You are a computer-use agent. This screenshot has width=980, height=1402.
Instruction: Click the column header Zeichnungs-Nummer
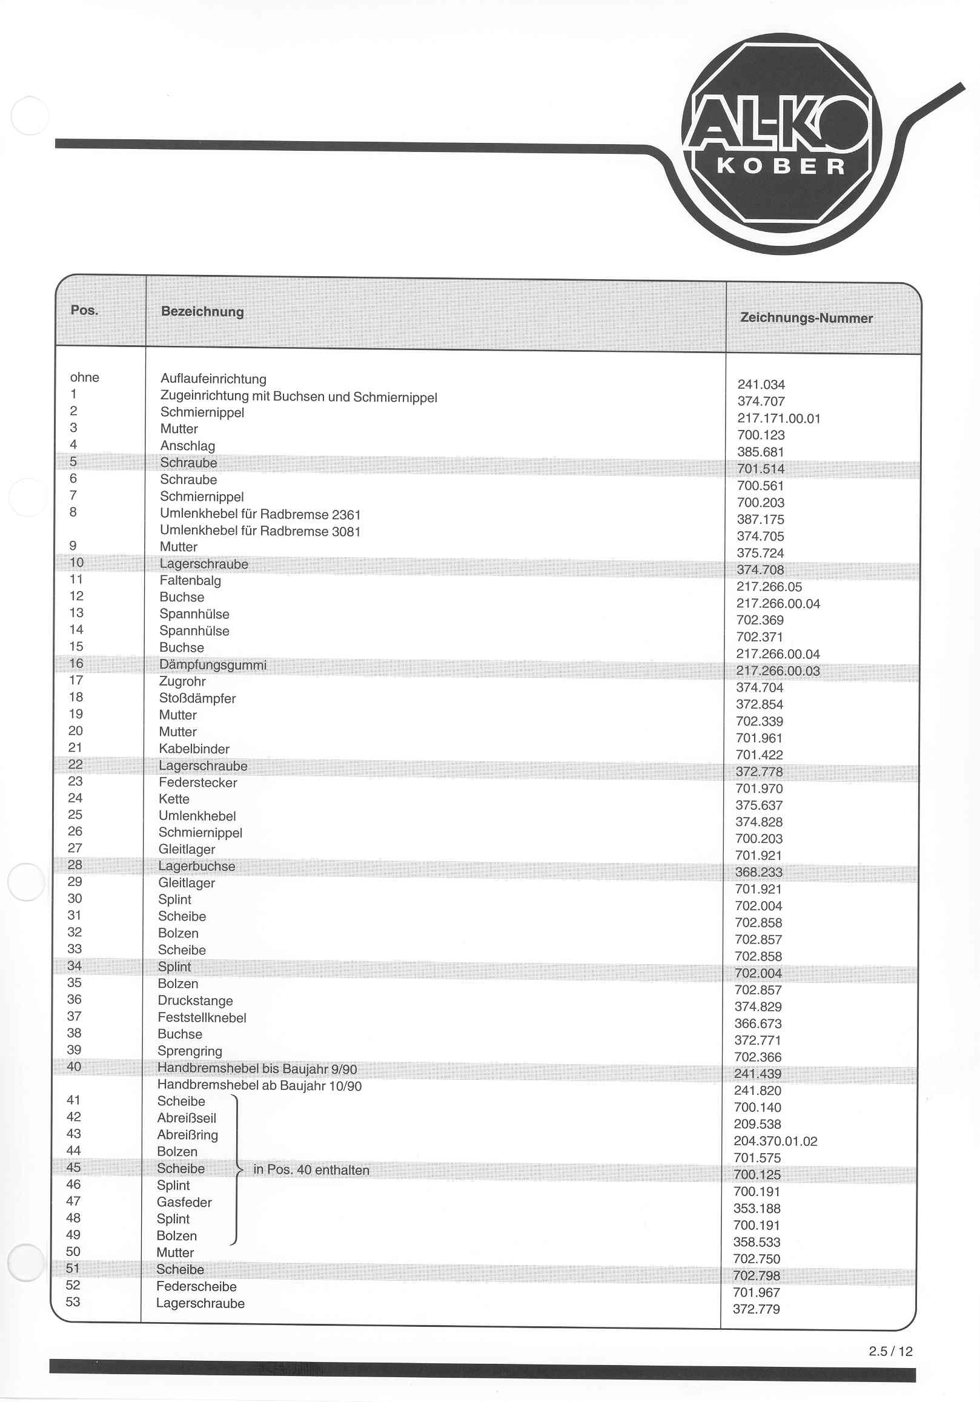(806, 318)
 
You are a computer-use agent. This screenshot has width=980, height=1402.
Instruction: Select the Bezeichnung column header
(202, 312)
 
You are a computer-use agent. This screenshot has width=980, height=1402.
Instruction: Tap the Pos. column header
(84, 310)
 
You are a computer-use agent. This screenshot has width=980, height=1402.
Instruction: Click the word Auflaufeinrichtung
(213, 379)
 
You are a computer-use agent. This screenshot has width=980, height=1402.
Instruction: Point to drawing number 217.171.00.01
(778, 419)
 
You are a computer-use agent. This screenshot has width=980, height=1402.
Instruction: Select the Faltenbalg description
(190, 581)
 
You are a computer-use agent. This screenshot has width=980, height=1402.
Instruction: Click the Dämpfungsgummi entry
(213, 665)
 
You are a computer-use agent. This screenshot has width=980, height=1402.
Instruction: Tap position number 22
(75, 764)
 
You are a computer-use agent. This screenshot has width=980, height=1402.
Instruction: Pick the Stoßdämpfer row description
(197, 698)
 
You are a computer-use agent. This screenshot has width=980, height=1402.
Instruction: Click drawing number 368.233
(758, 873)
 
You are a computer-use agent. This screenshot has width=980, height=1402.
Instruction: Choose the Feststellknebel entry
(202, 1018)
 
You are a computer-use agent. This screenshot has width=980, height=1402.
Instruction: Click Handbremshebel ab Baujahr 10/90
(259, 1086)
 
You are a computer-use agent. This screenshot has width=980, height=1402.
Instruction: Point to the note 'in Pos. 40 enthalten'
(311, 1170)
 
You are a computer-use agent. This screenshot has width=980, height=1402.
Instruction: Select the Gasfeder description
(184, 1202)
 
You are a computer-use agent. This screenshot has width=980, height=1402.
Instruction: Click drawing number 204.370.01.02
(775, 1141)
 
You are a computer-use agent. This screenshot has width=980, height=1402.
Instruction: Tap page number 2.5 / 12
(890, 1351)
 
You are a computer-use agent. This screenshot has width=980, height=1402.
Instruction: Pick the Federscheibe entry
(196, 1286)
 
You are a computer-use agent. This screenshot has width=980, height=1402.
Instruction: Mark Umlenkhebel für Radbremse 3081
(259, 531)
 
